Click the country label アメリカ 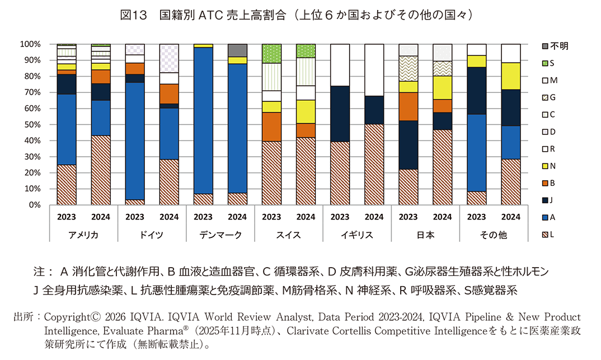click(x=83, y=235)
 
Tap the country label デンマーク click(x=220, y=235)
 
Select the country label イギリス click(x=356, y=235)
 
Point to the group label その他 click(x=494, y=235)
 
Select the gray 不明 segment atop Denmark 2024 click(x=237, y=50)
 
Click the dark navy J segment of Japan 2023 click(x=408, y=144)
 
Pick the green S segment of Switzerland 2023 click(x=271, y=53)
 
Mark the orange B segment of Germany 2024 click(x=169, y=93)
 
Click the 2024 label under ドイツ click(x=169, y=217)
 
